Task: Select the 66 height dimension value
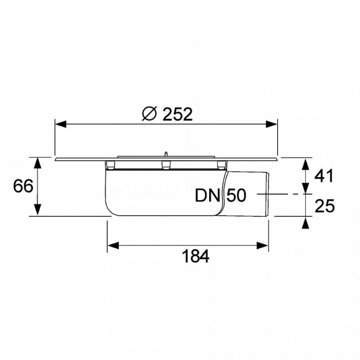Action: point(23,186)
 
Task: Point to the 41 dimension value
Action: point(324,176)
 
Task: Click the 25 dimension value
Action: point(324,206)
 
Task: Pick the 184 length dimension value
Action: point(195,257)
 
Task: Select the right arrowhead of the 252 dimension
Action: point(273,125)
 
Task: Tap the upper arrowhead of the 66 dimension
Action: point(38,162)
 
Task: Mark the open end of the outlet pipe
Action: point(268,194)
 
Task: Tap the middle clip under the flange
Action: point(166,165)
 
